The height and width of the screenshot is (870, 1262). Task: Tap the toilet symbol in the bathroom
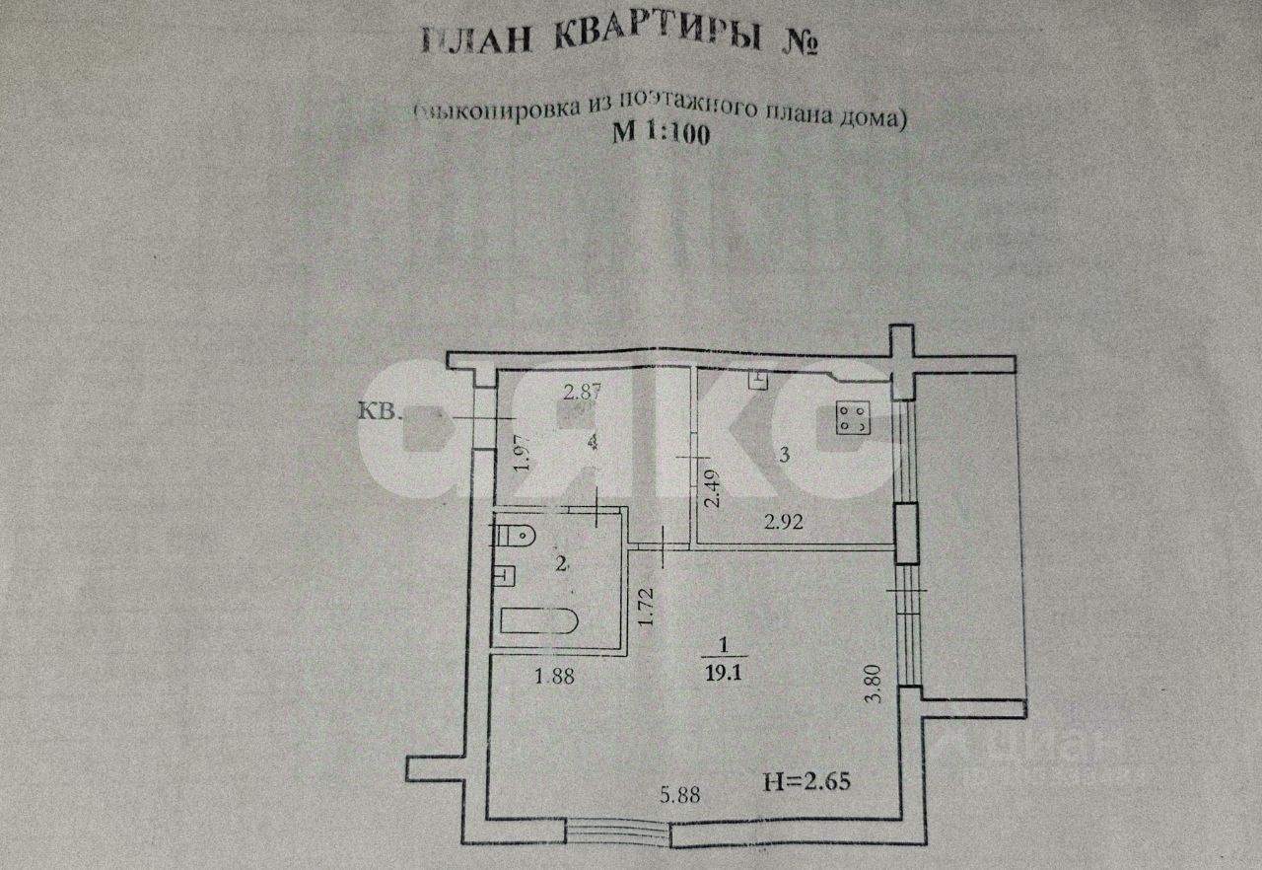(516, 536)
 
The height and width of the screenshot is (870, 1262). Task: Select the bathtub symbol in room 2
(538, 621)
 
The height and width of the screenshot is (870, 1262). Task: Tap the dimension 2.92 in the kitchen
(784, 523)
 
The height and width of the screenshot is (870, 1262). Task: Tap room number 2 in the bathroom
(561, 564)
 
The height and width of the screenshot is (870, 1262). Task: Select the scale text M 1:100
(660, 136)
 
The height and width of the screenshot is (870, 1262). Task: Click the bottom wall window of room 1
(618, 833)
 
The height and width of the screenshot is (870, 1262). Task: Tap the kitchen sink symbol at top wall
(758, 378)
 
